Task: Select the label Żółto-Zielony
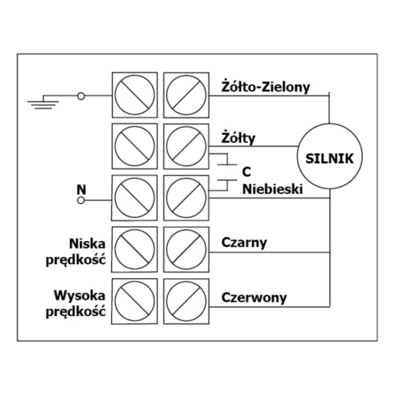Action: (264, 85)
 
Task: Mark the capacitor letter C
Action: (245, 171)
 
